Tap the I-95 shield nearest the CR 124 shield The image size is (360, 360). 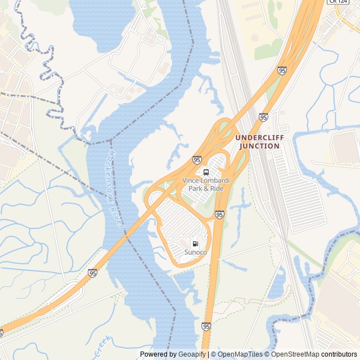pyautogui.click(x=281, y=70)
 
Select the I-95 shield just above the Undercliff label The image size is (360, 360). pyautogui.click(x=263, y=117)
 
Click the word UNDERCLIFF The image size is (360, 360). pyautogui.click(x=260, y=138)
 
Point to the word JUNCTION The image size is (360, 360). pyautogui.click(x=259, y=146)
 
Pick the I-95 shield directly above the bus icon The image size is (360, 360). pyautogui.click(x=197, y=160)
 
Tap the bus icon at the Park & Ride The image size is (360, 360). pyautogui.click(x=206, y=172)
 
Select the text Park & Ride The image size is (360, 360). pyautogui.click(x=206, y=188)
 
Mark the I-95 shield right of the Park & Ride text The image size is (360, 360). pyautogui.click(x=219, y=214)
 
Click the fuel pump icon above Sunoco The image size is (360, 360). pyautogui.click(x=195, y=244)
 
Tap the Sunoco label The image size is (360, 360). pyautogui.click(x=195, y=253)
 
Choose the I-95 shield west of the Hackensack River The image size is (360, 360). pyautogui.click(x=92, y=273)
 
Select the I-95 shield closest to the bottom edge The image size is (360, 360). pyautogui.click(x=206, y=326)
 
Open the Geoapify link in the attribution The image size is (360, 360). pyautogui.click(x=192, y=354)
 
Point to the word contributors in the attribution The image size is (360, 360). pyautogui.click(x=339, y=354)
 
